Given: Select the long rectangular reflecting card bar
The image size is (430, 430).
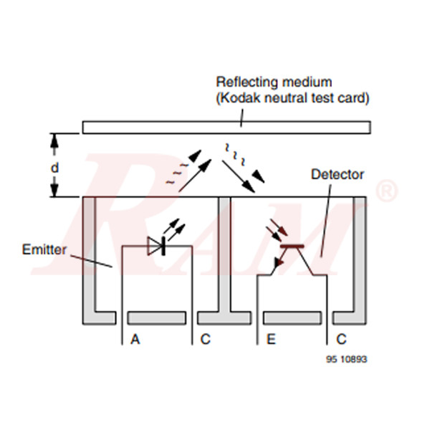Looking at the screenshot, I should pyautogui.click(x=226, y=127).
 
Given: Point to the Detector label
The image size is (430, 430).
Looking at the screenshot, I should pyautogui.click(x=338, y=174).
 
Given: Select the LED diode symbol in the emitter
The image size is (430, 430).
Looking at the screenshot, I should pyautogui.click(x=156, y=246).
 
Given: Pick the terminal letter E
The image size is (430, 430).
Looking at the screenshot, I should pyautogui.click(x=271, y=339).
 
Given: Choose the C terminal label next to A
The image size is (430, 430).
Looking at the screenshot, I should pyautogui.click(x=206, y=339).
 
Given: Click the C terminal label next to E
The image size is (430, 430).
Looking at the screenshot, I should pyautogui.click(x=342, y=339).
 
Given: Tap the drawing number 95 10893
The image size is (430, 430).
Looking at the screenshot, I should pyautogui.click(x=345, y=359).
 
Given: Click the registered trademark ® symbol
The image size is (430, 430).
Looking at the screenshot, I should pyautogui.click(x=386, y=191).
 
